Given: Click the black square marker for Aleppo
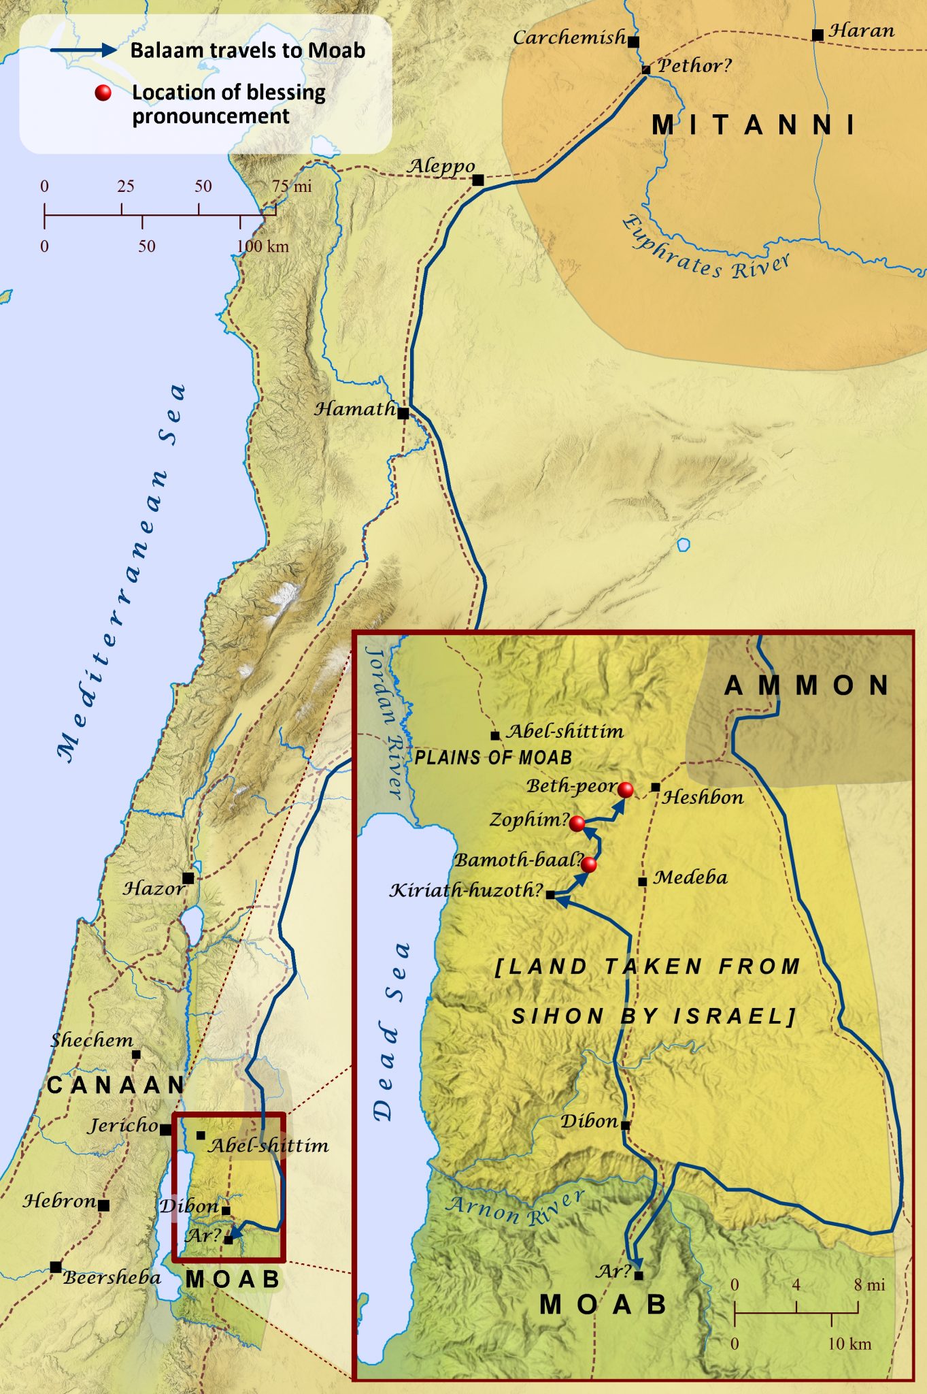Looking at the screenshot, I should tap(478, 180).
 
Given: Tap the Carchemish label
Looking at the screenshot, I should tap(569, 37).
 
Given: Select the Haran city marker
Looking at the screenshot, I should tap(818, 35).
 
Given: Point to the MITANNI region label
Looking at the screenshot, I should tap(754, 125).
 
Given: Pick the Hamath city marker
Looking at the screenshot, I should tap(403, 413).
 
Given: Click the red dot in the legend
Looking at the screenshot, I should tap(103, 93).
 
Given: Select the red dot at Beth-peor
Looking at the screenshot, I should tap(626, 790).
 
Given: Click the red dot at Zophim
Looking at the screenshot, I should tap(577, 824).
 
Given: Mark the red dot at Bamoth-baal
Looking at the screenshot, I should tap(590, 864).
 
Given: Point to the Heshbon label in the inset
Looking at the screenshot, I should tap(703, 797).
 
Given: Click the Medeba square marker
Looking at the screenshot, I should tap(642, 881).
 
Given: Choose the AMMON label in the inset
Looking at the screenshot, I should tap(807, 685).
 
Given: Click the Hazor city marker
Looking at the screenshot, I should tap(188, 878).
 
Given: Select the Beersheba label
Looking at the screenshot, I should tap(112, 1278).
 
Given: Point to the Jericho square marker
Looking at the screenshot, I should tap(165, 1129).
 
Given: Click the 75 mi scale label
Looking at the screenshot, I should tap(292, 187).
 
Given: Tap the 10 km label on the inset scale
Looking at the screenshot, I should tap(849, 1344).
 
